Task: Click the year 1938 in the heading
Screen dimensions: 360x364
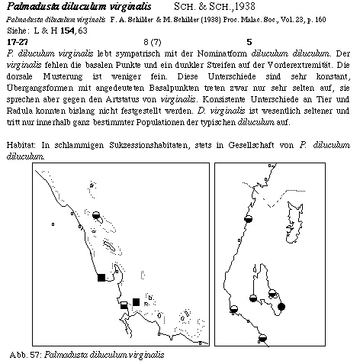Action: [245, 7]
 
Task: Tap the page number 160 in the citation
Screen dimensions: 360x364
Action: [320, 20]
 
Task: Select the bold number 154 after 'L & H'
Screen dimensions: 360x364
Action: [67, 31]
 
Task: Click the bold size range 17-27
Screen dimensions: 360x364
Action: [18, 42]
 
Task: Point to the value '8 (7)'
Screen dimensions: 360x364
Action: [153, 42]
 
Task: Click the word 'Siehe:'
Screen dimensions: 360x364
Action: [17, 31]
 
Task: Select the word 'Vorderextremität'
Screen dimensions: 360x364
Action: [301, 65]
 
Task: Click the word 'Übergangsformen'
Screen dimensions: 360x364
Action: [40, 88]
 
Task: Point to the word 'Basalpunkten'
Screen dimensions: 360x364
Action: [174, 88]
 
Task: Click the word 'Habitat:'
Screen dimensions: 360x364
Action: [21, 145]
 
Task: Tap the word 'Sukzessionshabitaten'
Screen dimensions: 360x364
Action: [149, 145]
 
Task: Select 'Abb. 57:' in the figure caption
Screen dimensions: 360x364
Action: [26, 355]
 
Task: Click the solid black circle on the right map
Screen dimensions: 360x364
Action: [281, 307]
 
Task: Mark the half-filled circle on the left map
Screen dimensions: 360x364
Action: [96, 215]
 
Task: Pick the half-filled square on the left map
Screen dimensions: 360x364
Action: [124, 305]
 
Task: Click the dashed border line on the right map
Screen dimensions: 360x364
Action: [283, 197]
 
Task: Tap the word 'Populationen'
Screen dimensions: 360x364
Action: [160, 122]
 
